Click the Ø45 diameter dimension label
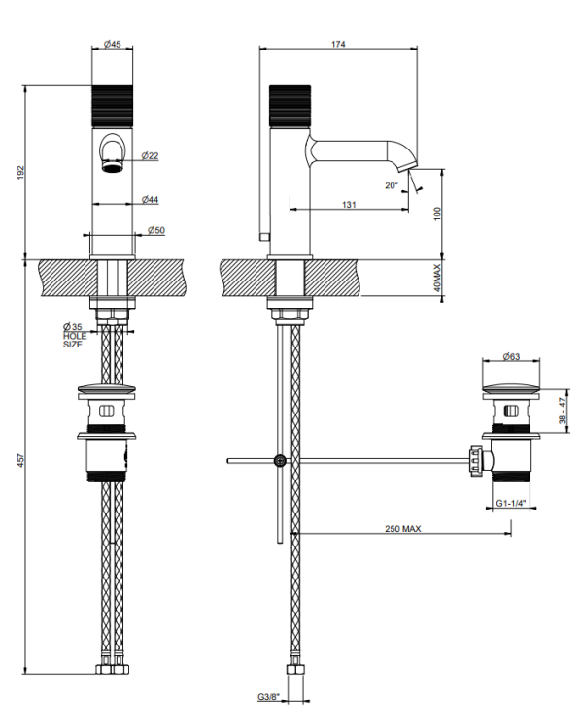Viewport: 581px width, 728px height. [x=113, y=44]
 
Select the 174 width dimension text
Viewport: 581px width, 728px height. [x=338, y=44]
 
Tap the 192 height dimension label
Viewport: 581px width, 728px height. [x=21, y=172]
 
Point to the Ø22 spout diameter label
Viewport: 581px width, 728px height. [x=151, y=155]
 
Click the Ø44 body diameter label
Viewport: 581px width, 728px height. [x=151, y=200]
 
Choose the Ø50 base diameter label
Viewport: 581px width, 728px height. [x=156, y=230]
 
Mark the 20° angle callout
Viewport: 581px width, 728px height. [x=392, y=185]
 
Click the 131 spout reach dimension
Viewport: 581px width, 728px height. [x=349, y=204]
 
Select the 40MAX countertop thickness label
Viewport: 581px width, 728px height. [x=437, y=278]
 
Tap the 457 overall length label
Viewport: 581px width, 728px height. [x=21, y=460]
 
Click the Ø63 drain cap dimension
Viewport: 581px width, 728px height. [x=511, y=356]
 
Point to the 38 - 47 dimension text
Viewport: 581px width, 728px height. [x=563, y=411]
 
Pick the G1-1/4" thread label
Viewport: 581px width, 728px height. [x=511, y=503]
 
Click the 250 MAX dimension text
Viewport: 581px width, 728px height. [x=403, y=528]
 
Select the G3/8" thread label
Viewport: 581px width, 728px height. [x=269, y=696]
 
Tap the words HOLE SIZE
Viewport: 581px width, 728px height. [x=75, y=340]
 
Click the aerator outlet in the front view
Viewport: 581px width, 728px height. [x=112, y=167]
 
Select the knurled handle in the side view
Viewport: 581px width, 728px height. [x=290, y=106]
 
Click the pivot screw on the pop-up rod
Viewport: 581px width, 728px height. [x=280, y=460]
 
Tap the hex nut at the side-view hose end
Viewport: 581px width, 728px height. [x=295, y=669]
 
